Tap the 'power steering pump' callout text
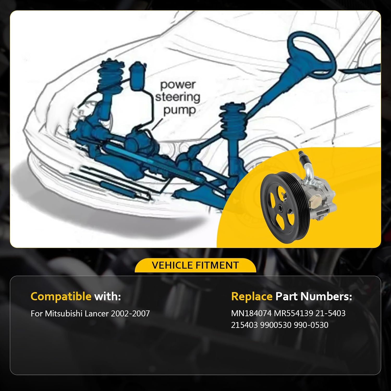pyautogui.click(x=178, y=97)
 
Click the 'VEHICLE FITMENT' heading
pyautogui.click(x=195, y=265)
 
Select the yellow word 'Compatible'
pyautogui.click(x=61, y=296)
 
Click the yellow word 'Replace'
pyautogui.click(x=252, y=296)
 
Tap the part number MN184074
pyautogui.click(x=251, y=313)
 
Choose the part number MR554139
pyautogui.click(x=293, y=313)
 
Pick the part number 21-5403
pyautogui.click(x=330, y=313)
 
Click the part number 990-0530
pyautogui.click(x=311, y=325)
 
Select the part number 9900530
pyautogui.click(x=276, y=325)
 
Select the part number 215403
pyautogui.click(x=244, y=325)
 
